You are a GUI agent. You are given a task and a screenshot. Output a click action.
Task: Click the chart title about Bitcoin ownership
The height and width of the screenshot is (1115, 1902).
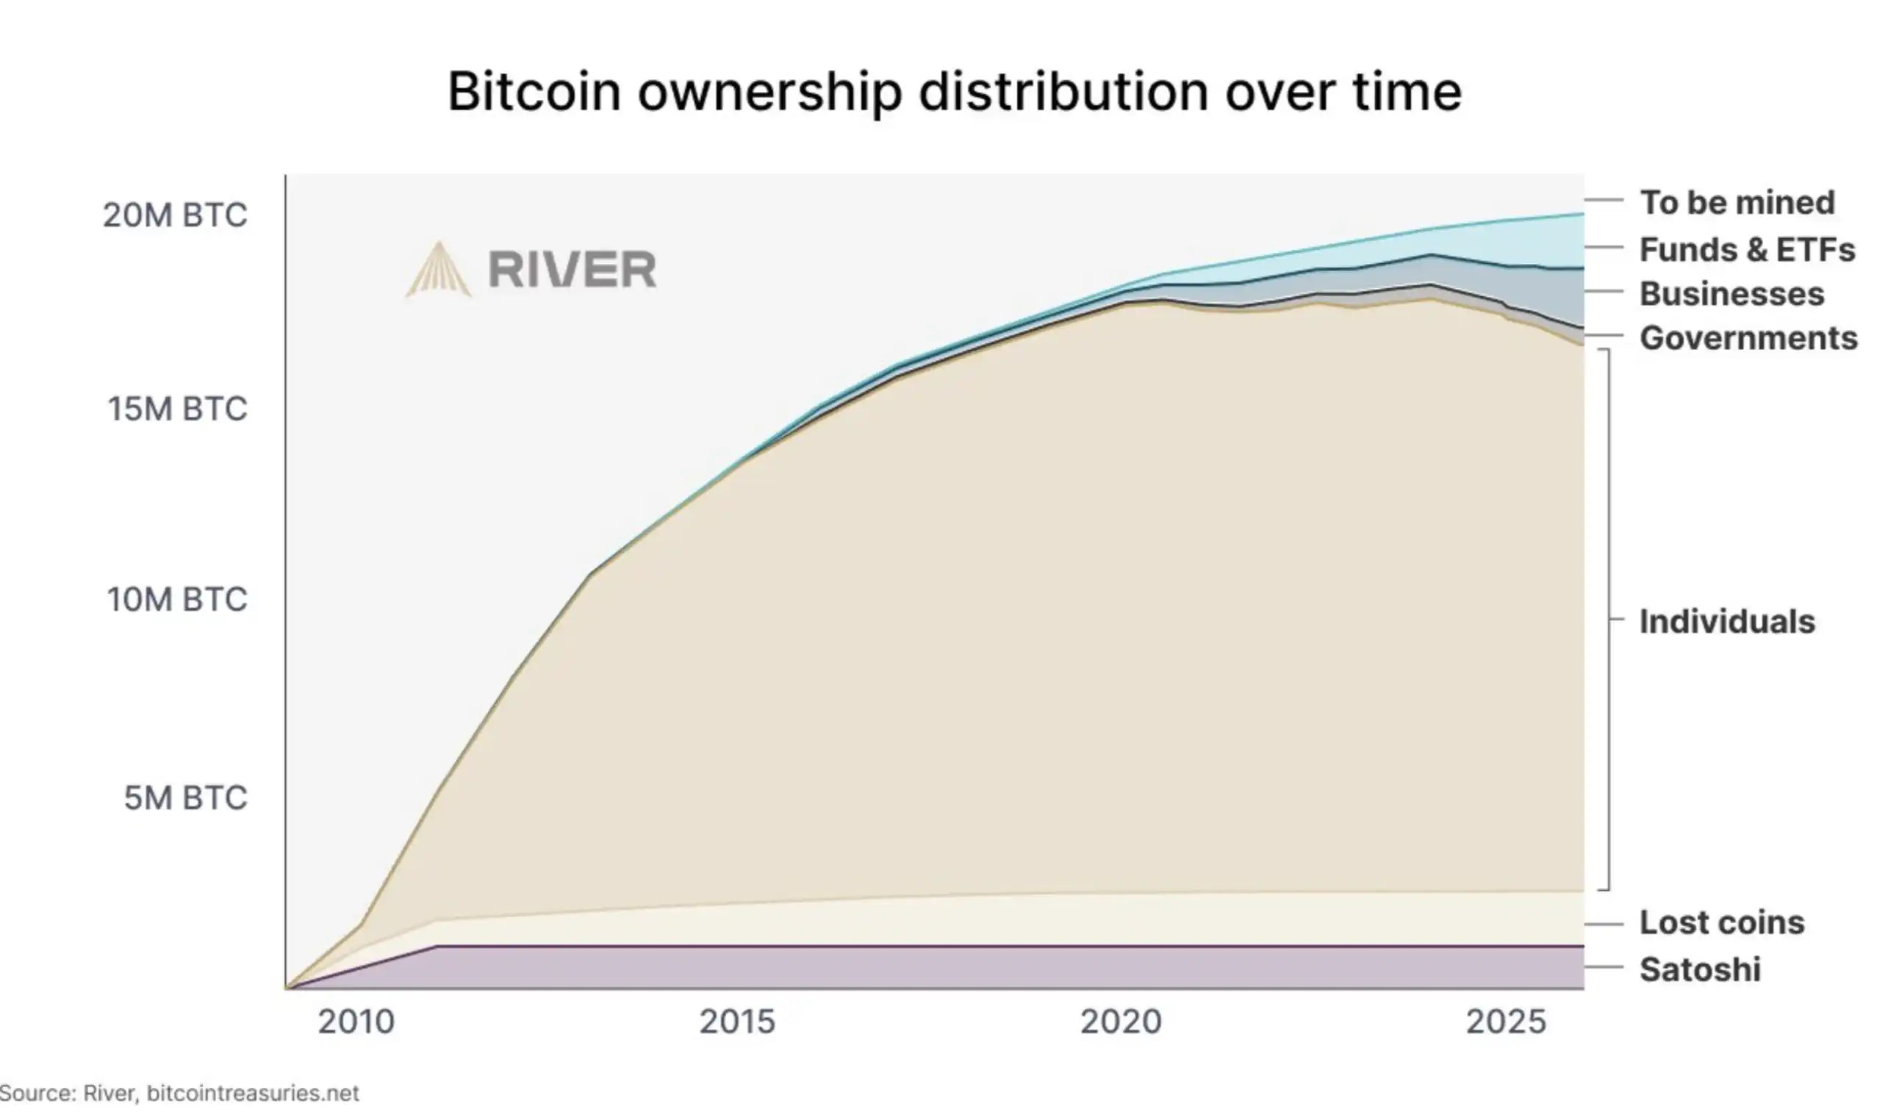click(954, 91)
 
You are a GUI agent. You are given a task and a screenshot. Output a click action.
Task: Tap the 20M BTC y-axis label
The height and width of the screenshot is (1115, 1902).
click(175, 215)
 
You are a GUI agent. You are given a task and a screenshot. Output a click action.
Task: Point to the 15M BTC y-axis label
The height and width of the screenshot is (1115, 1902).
click(177, 409)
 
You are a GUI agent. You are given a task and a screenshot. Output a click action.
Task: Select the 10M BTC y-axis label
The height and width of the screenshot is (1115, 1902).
click(177, 600)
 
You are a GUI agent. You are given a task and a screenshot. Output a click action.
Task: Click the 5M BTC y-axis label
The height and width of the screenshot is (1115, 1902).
click(186, 798)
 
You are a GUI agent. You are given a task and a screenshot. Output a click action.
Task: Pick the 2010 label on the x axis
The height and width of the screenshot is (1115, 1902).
click(356, 1022)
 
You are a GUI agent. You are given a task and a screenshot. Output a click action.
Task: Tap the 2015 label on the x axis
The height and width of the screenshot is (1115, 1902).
click(736, 1022)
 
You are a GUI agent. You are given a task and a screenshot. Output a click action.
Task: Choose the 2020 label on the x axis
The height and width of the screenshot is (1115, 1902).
click(1121, 1022)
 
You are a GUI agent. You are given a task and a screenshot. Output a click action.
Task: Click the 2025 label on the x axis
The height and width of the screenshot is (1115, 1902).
click(1506, 1022)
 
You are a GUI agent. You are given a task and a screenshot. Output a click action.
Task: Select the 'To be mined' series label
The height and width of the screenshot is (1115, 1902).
click(1737, 202)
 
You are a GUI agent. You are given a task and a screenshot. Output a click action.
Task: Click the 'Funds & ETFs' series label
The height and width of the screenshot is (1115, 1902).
click(1746, 250)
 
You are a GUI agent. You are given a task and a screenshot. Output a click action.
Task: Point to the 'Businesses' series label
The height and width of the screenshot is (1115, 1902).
click(1731, 294)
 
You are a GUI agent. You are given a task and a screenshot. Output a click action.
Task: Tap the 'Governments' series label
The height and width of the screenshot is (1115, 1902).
click(1748, 338)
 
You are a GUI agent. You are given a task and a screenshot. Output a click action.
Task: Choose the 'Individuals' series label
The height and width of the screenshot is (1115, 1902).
click(1727, 621)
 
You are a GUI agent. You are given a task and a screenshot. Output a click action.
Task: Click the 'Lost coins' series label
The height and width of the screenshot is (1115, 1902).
click(1722, 922)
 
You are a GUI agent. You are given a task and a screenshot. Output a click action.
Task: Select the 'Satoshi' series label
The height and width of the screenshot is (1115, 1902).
click(1700, 969)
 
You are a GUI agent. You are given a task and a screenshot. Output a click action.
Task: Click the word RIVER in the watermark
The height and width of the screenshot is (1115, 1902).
click(572, 270)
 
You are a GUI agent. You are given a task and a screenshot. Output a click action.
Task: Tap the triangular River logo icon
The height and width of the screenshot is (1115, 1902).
click(439, 270)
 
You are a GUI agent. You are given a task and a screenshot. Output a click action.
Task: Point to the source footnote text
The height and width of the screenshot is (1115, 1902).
click(179, 1093)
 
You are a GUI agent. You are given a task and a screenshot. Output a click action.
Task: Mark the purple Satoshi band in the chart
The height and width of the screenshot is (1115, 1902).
click(981, 967)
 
